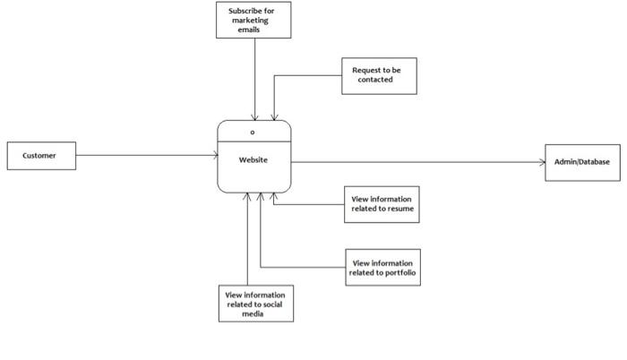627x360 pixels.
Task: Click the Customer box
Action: point(39,156)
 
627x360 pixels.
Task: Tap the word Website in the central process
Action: point(253,160)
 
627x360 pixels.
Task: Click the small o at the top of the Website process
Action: point(253,132)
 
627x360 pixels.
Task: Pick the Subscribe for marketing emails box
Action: point(254,20)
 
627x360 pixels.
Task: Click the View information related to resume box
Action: point(382,203)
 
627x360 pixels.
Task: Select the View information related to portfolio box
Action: point(382,268)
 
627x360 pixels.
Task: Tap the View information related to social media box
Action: point(256,303)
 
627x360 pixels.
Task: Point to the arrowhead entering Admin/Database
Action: point(541,162)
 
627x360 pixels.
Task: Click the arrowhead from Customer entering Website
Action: point(215,156)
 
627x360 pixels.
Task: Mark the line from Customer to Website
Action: point(143,156)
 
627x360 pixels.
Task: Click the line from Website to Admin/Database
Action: point(412,162)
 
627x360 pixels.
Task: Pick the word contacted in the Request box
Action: point(376,80)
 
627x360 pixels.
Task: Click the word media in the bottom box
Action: point(253,313)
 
